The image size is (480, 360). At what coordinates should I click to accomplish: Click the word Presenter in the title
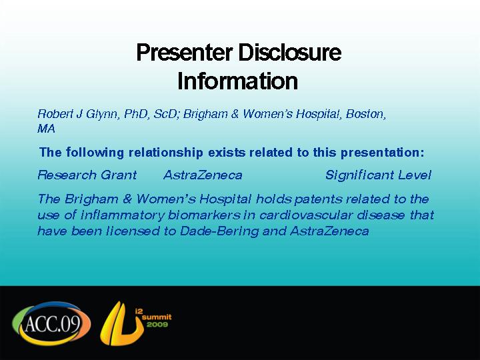coord(185,53)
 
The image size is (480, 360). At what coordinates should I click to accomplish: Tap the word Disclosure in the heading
coord(289,52)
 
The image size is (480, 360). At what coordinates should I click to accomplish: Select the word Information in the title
coord(237,81)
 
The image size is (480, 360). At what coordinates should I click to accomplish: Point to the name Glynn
coord(102,115)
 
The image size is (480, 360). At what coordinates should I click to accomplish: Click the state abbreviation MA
coord(46,129)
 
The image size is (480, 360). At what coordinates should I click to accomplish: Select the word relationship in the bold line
coord(165,153)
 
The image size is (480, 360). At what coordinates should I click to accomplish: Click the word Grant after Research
coord(119,175)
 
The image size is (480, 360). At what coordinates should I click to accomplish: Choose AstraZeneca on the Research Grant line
coord(203,175)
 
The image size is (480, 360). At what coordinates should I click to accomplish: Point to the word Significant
coord(359,175)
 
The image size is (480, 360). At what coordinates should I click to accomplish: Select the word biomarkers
coord(204,215)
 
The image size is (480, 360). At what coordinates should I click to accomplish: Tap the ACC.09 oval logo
coord(51,323)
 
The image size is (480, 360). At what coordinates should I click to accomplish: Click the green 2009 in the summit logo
coord(157,325)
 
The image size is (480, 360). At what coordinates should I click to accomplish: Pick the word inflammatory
coord(123,215)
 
